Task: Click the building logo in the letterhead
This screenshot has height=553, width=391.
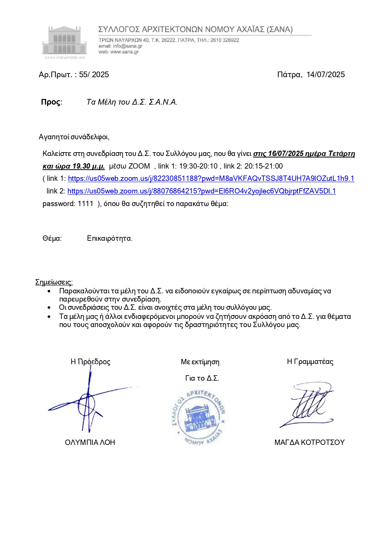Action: coord(64,41)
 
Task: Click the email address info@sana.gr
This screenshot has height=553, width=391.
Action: coord(127,46)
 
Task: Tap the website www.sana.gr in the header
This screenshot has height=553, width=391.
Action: coord(124,52)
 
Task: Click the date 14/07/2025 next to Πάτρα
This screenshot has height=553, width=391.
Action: coord(325,75)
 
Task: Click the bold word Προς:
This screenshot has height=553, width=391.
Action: coord(52,102)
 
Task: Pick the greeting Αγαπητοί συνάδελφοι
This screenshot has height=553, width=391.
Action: coord(74,137)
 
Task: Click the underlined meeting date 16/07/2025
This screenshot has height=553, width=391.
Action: coord(285,154)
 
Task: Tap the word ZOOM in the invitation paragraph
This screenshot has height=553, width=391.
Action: coord(139,166)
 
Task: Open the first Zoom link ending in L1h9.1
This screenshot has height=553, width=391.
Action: coord(211,179)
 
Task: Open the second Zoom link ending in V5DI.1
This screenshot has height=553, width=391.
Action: coord(201,191)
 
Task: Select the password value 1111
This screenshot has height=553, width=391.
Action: coord(85,204)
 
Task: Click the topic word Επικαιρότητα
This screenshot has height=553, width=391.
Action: coord(109,239)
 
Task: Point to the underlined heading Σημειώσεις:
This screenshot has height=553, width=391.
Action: coord(54,282)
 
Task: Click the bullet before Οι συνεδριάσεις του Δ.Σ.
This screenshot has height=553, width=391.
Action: coord(49,308)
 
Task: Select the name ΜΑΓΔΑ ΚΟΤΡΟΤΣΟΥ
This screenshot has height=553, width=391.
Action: coord(309,442)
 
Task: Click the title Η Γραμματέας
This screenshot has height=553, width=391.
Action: coord(310,362)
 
